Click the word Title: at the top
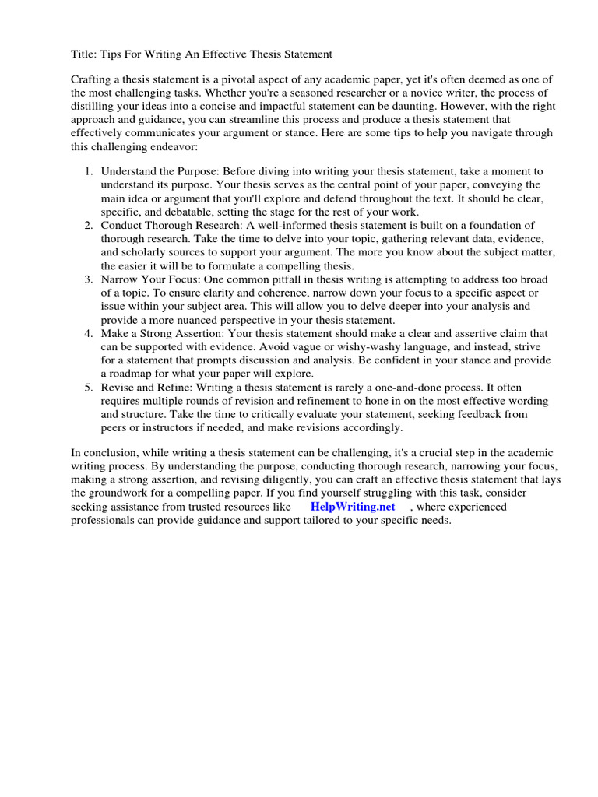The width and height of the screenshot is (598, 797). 84,54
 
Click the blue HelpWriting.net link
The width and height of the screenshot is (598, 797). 353,507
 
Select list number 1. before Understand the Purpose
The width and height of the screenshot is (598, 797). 89,170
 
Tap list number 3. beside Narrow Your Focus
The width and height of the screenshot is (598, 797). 89,279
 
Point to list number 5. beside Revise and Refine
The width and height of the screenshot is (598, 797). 89,387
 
